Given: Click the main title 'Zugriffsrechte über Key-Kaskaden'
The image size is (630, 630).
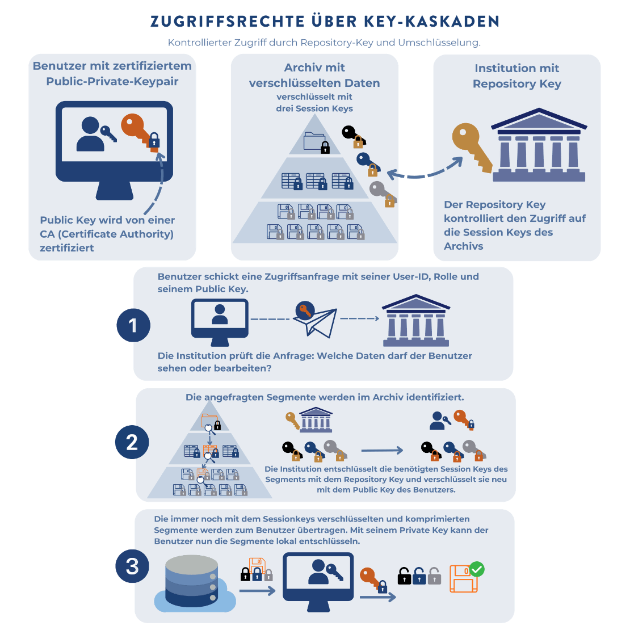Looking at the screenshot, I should point(325,22).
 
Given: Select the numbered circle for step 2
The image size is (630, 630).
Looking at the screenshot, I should point(132,442).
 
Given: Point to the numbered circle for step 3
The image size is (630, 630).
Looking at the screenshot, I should point(132,566).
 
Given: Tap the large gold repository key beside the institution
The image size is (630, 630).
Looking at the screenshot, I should point(472,146).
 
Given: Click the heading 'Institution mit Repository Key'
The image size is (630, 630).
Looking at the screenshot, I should point(516,76).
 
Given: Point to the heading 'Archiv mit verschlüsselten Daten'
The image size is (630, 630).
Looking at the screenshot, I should point(314,75).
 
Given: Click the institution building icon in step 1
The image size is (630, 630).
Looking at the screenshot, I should point(416,321).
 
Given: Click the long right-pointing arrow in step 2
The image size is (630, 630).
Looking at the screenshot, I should point(382,451).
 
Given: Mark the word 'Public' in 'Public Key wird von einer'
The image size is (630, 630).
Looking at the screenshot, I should point(58,220).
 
